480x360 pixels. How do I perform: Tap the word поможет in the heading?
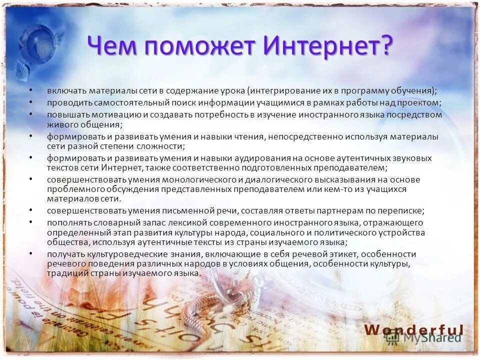click(199, 46)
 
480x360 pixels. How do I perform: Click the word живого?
click(61, 124)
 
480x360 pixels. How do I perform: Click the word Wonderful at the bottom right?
click(413, 329)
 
